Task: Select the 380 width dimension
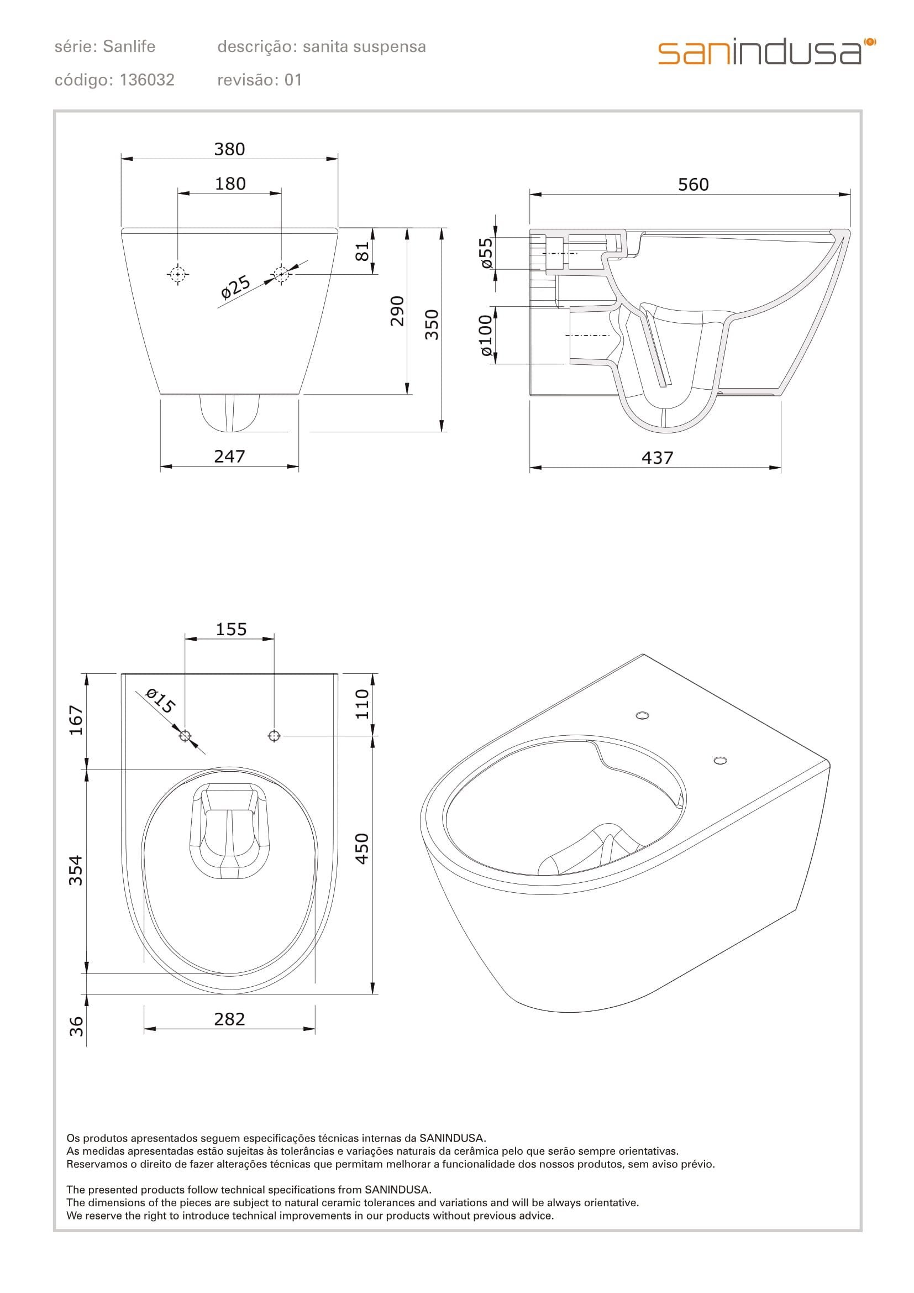click(230, 149)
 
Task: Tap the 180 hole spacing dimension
click(230, 184)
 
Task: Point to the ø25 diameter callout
click(235, 287)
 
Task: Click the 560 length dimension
click(693, 185)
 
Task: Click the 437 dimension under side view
click(658, 458)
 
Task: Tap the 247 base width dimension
click(230, 456)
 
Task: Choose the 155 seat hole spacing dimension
click(232, 629)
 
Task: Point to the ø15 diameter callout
click(160, 701)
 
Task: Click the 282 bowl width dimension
click(230, 1019)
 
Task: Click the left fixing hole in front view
click(178, 274)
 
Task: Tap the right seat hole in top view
click(274, 735)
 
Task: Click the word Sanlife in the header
click(129, 47)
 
